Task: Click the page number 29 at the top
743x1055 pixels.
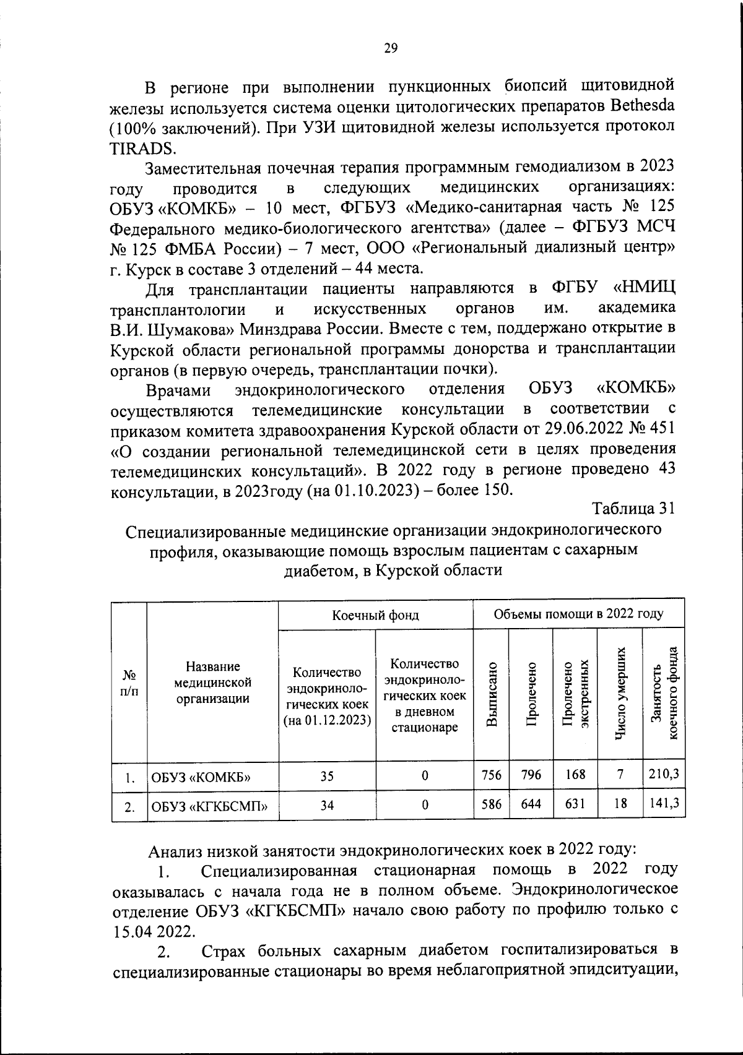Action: (391, 48)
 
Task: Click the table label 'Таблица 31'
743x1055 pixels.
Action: (632, 508)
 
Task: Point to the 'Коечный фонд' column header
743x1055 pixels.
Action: (375, 614)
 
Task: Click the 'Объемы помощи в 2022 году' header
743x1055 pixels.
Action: (578, 614)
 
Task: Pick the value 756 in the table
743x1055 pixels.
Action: (492, 774)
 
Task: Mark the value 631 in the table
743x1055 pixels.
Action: (576, 803)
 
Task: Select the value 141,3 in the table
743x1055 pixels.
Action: (663, 803)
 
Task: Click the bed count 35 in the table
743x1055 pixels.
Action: (327, 775)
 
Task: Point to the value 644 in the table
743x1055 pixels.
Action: (531, 804)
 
